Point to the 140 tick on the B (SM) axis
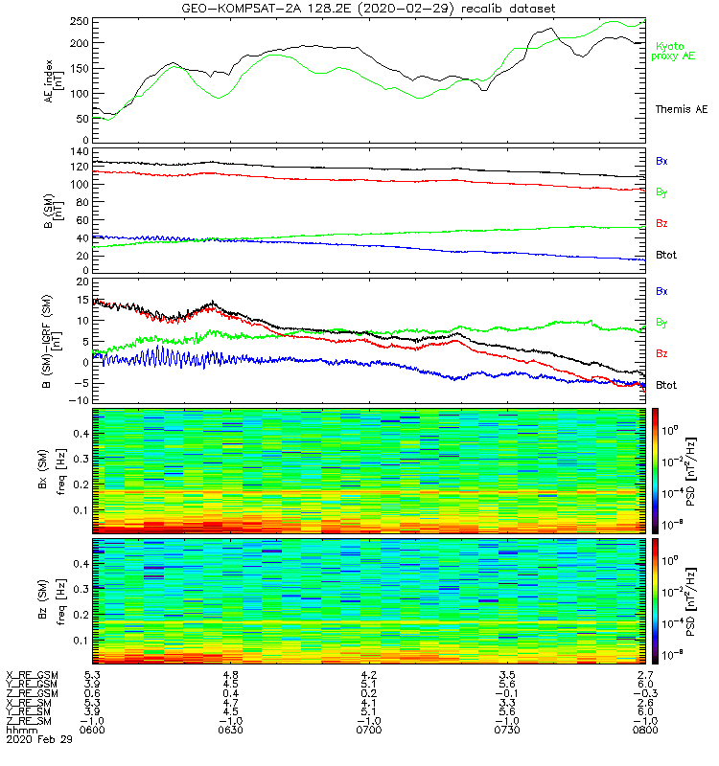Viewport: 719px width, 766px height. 81,152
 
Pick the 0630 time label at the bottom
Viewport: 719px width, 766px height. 230,731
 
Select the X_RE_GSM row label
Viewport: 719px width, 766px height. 32,675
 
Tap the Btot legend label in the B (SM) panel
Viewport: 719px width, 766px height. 667,255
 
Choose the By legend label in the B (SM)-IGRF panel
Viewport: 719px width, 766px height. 661,322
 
